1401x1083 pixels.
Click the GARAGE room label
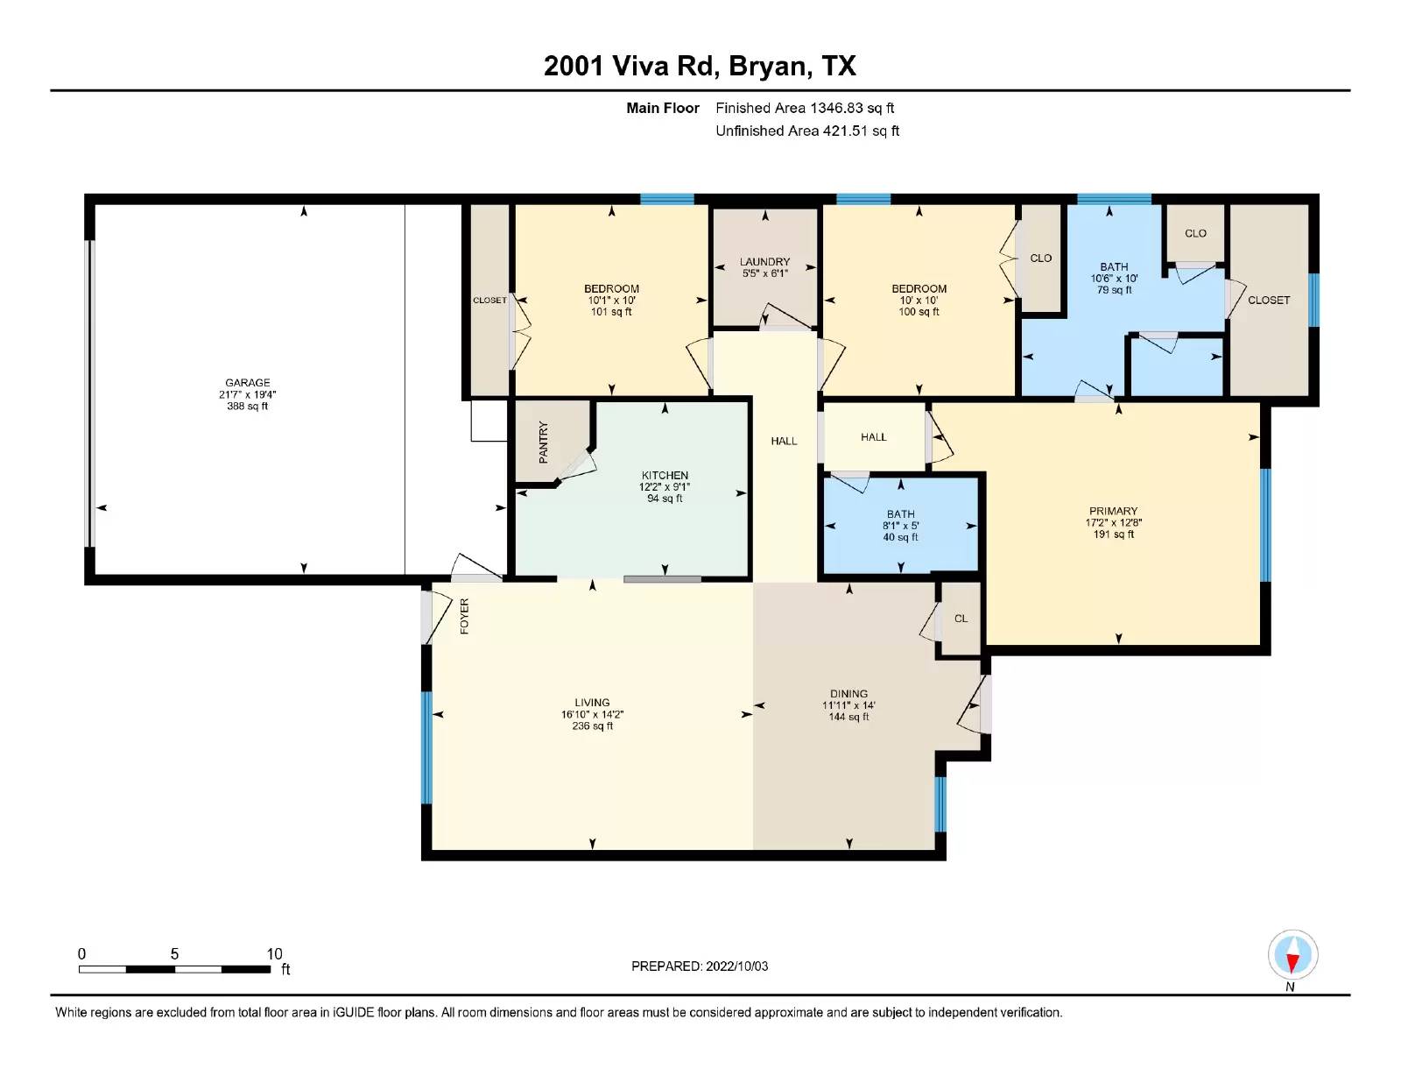pos(248,383)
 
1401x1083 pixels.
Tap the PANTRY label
pos(544,442)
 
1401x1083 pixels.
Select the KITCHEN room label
pos(665,476)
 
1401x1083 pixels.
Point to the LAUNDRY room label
pos(764,262)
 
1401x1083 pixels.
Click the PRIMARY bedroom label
pos(1114,511)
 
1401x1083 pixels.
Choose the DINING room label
pos(848,694)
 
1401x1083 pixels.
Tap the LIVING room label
pos(593,703)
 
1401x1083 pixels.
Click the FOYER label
pos(464,616)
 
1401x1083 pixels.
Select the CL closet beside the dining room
pos(961,619)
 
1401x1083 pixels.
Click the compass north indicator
pos(1292,955)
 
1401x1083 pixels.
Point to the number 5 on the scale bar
pos(174,954)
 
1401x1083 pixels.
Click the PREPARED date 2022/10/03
pos(737,966)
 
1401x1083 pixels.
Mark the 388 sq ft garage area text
pos(248,407)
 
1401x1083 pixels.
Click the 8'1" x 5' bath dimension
pos(901,526)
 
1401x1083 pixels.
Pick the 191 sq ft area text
pos(1114,534)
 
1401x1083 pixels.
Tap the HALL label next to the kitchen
pos(784,442)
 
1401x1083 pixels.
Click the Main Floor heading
pos(663,109)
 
